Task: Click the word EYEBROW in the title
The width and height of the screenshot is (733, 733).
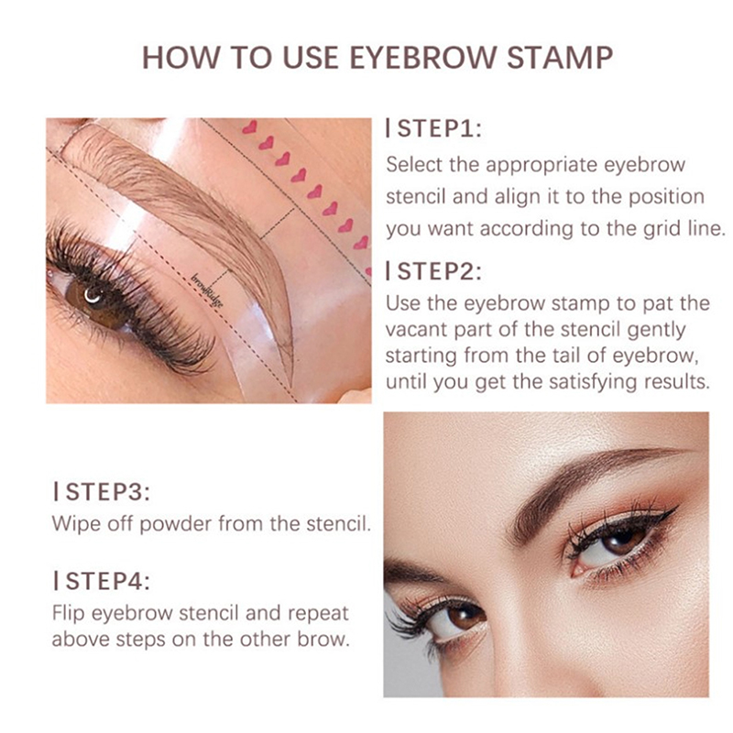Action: click(x=423, y=58)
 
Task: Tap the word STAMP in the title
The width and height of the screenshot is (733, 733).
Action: click(x=560, y=58)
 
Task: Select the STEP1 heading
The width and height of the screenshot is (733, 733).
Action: click(x=433, y=128)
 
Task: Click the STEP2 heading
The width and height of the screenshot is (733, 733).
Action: click(x=433, y=271)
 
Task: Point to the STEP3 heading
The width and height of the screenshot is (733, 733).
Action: click(x=102, y=492)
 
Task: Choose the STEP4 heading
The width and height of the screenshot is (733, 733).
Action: click(x=102, y=581)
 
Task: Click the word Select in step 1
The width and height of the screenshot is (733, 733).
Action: click(x=414, y=165)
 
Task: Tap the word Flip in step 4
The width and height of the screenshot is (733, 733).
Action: click(x=68, y=613)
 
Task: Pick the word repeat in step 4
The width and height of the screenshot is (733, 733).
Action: click(x=318, y=614)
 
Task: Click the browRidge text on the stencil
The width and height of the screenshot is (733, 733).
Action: click(x=207, y=290)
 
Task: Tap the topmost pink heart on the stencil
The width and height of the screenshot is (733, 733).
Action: click(x=249, y=126)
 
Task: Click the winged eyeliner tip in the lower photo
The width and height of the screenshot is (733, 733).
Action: click(x=678, y=507)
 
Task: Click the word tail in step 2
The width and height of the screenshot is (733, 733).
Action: click(x=568, y=356)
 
